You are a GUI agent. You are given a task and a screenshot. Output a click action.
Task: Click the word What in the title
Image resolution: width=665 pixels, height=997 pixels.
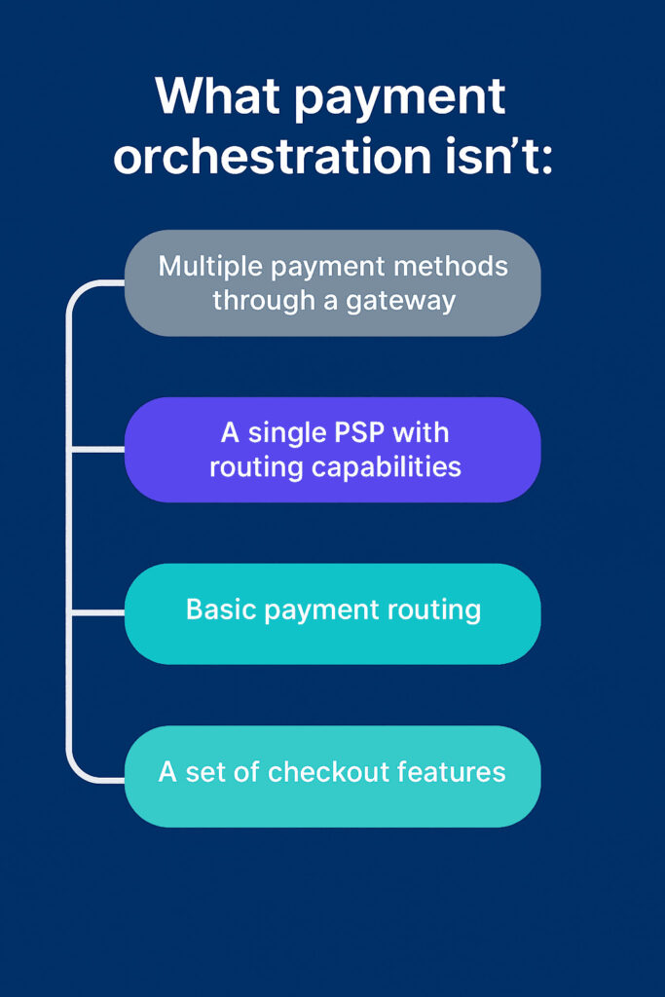(217, 95)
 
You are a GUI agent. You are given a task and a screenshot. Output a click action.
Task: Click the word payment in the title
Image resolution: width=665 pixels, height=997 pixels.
(400, 100)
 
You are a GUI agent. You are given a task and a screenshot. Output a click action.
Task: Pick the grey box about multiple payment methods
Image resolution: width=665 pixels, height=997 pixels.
(333, 283)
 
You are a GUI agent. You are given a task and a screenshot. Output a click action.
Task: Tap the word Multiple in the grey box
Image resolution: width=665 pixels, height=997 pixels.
(210, 267)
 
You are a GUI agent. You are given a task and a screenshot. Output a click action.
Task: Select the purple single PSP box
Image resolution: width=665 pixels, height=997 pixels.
(333, 450)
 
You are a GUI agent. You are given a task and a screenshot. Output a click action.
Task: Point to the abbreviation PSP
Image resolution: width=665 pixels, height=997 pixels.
(359, 433)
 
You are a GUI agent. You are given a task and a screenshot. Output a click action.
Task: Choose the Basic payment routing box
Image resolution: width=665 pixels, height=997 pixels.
(333, 613)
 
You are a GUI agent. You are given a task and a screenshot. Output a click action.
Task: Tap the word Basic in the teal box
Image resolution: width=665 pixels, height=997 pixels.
(221, 609)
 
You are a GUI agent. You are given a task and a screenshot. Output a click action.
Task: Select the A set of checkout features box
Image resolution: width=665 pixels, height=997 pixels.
(333, 776)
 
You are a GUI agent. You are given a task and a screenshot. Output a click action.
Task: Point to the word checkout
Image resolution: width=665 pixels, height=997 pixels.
(328, 772)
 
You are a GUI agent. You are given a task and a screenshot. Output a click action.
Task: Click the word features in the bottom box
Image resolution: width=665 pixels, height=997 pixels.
(452, 772)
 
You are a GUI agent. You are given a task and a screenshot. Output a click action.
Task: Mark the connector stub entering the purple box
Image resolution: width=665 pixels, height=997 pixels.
(98, 450)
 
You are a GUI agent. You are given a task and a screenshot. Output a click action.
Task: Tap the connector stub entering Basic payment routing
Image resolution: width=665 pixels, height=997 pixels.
(98, 613)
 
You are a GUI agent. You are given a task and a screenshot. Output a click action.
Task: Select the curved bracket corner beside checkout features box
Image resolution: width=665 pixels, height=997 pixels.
(76, 771)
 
